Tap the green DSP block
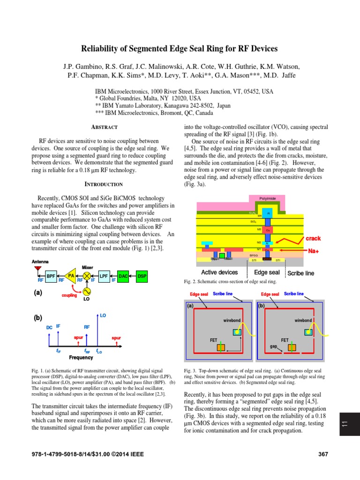142,276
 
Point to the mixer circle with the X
87,276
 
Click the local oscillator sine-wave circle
87,291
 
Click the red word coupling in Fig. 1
69,296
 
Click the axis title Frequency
81,357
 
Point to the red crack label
313,238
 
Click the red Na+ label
314,251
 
